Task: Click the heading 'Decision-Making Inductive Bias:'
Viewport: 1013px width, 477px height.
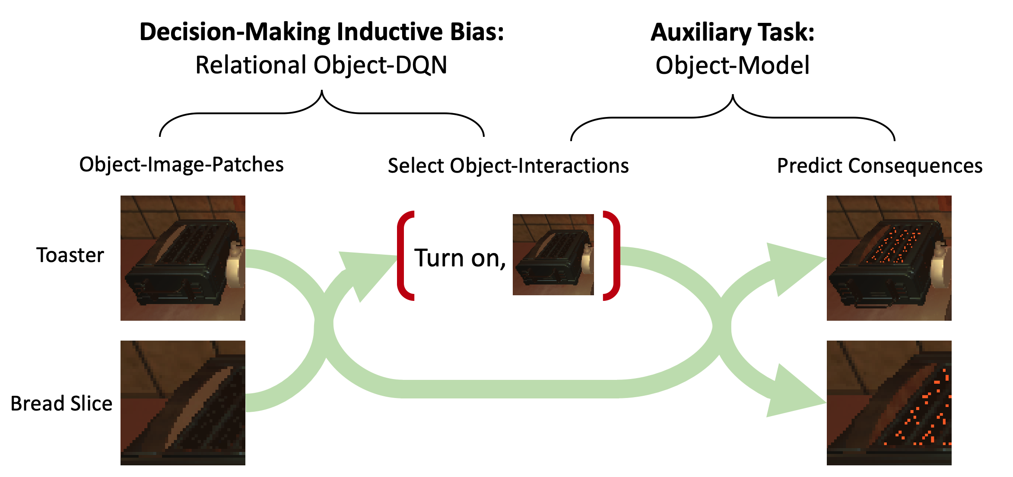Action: point(322,32)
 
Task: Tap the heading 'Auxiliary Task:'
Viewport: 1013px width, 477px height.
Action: point(732,32)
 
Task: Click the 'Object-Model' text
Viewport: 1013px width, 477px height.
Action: point(732,66)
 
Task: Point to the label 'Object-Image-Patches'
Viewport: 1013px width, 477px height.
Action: point(181,164)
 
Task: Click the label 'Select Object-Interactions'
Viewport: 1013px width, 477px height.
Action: point(508,166)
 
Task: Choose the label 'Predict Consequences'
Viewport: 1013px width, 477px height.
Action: point(880,166)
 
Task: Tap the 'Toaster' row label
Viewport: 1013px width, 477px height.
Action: point(70,255)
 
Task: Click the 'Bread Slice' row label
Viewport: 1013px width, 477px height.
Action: point(61,404)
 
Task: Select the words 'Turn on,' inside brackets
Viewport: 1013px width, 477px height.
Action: point(460,258)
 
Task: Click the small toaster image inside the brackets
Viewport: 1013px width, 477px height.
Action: point(553,255)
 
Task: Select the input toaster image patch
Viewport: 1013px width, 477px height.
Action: point(183,258)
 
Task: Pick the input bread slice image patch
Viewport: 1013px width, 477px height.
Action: point(183,403)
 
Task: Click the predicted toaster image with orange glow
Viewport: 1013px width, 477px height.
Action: point(889,258)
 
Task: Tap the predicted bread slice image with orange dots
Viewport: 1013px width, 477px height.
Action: point(889,403)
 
